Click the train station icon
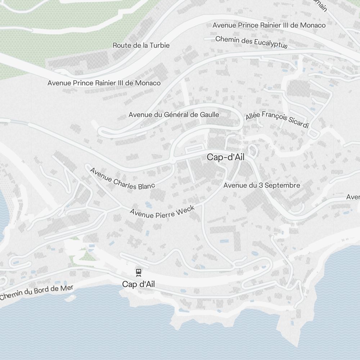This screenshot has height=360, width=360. pyautogui.click(x=138, y=272)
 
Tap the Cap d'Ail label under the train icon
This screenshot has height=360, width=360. pyautogui.click(x=138, y=284)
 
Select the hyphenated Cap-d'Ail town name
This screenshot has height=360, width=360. pyautogui.click(x=226, y=157)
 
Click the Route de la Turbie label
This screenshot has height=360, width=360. pyautogui.click(x=141, y=45)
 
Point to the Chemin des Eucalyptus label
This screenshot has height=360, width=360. pyautogui.click(x=251, y=42)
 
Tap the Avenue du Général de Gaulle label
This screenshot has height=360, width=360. pyautogui.click(x=174, y=115)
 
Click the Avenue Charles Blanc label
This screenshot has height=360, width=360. pyautogui.click(x=122, y=179)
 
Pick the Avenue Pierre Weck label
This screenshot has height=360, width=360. pyautogui.click(x=162, y=212)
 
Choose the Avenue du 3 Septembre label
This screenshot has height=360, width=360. pyautogui.click(x=261, y=185)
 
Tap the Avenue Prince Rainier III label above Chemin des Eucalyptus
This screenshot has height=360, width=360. pyautogui.click(x=269, y=25)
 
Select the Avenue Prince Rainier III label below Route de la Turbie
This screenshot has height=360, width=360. pyautogui.click(x=104, y=83)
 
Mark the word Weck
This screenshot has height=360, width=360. pyautogui.click(x=187, y=209)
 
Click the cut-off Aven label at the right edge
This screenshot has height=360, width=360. pyautogui.click(x=353, y=197)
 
